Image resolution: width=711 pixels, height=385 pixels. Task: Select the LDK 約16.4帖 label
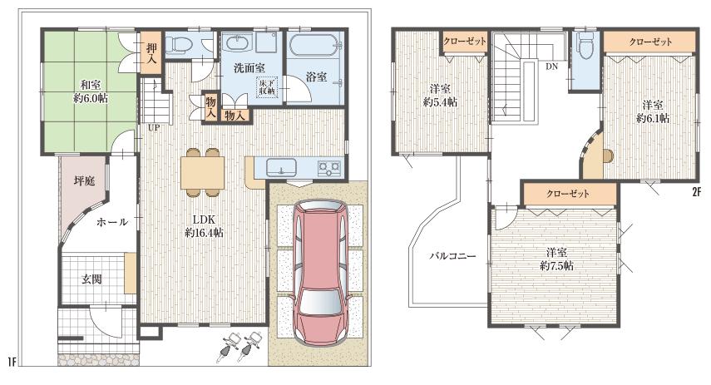(203, 226)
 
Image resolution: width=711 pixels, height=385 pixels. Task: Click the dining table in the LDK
(202, 172)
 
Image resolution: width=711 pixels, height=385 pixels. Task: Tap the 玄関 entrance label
(91, 279)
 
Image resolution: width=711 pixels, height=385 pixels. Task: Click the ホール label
(112, 222)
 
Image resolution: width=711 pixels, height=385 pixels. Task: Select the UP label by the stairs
(154, 128)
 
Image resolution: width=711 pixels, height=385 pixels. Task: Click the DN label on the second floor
(551, 67)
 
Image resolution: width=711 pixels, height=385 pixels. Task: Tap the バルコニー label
(453, 256)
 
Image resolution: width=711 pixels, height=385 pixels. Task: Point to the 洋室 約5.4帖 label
(441, 96)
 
